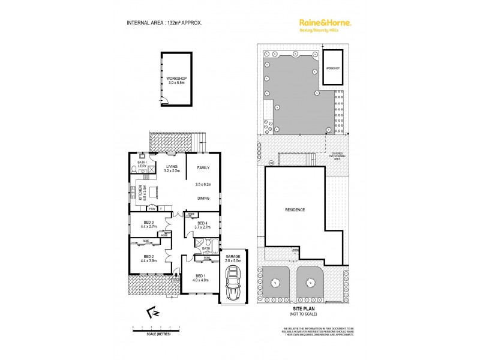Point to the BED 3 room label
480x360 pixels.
click(x=148, y=226)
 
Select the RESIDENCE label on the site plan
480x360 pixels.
click(x=295, y=210)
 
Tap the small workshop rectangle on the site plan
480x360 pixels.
click(x=332, y=68)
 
